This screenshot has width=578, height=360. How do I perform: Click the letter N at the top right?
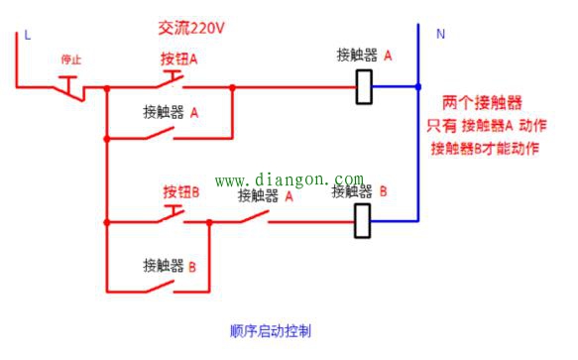[x=441, y=33]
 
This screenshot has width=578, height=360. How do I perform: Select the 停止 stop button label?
[x=70, y=60]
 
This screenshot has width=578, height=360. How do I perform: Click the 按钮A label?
[x=179, y=59]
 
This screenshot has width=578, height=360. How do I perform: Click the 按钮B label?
[x=180, y=190]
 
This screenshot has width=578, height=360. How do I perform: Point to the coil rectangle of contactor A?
[x=364, y=86]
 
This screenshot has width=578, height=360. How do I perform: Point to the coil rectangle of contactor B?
[x=363, y=221]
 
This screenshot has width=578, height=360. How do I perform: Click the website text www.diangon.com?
[x=289, y=180]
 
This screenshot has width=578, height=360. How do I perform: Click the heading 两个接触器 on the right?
[x=483, y=102]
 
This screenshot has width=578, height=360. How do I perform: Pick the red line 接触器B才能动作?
[x=484, y=148]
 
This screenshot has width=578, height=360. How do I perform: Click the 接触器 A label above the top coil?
[x=364, y=57]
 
